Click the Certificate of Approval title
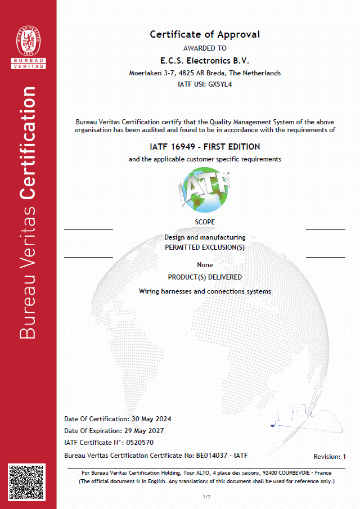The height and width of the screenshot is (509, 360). tap(205, 34)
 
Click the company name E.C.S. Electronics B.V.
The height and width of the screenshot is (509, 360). tap(205, 61)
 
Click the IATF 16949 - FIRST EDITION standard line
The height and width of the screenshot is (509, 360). tap(205, 147)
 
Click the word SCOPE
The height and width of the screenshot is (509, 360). tap(205, 222)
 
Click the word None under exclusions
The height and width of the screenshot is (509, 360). tap(205, 264)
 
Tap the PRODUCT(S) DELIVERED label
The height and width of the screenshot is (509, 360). tap(205, 277)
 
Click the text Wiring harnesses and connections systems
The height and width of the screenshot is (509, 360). tap(205, 291)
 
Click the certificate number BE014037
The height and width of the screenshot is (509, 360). tap(211, 454)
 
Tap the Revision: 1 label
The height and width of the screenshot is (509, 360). tap(330, 457)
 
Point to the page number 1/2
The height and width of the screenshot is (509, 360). tap(206, 497)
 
